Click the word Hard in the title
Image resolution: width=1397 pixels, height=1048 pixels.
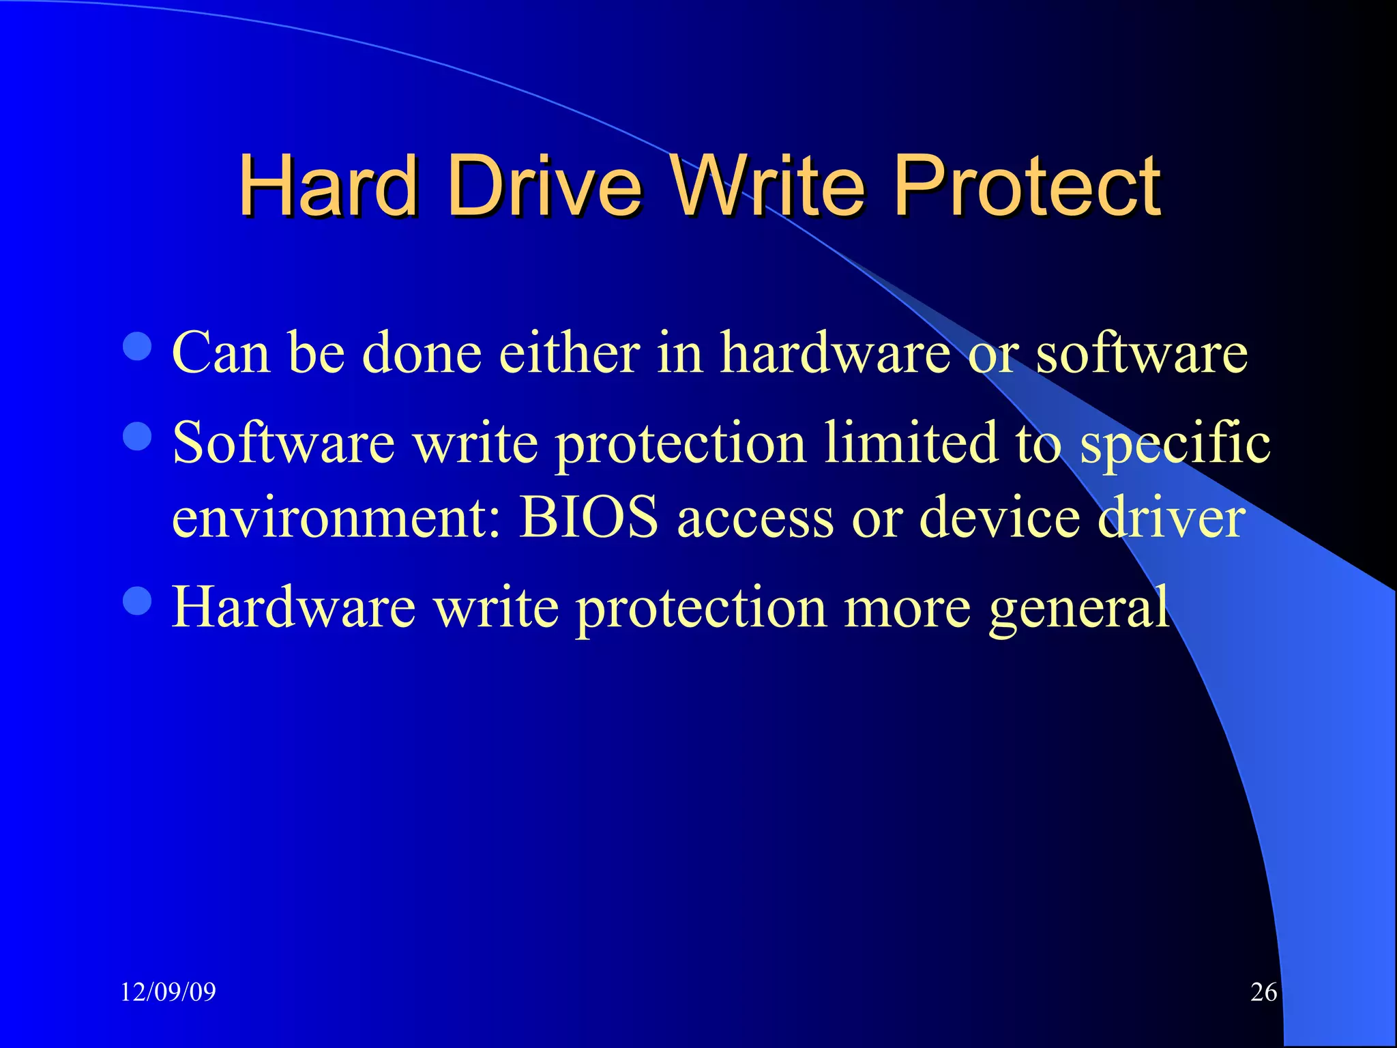click(x=327, y=186)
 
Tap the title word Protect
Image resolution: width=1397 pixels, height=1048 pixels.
click(x=1027, y=186)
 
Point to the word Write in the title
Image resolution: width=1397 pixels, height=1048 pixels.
click(x=767, y=186)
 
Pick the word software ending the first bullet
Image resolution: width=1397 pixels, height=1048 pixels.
click(x=1141, y=353)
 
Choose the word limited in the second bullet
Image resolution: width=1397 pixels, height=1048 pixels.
click(x=910, y=443)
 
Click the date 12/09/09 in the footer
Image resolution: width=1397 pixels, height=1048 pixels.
click(x=168, y=991)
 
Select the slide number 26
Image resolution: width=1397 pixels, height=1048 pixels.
click(x=1263, y=991)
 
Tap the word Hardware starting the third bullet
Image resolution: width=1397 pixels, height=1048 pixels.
click(x=293, y=607)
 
